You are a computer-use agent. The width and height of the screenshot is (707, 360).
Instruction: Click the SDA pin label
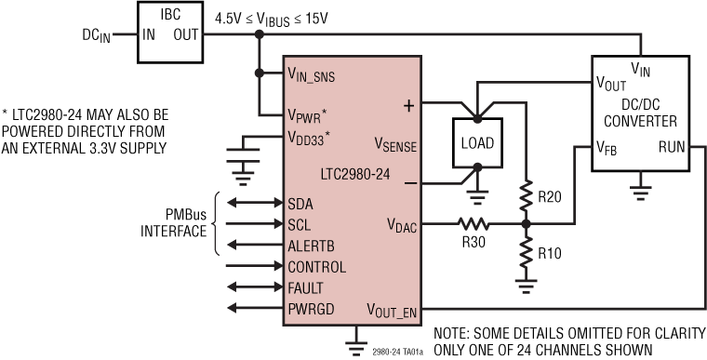(x=301, y=204)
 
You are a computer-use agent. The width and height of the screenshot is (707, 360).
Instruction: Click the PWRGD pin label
(x=312, y=308)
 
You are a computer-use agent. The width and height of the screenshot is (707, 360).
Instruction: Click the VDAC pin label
(x=403, y=224)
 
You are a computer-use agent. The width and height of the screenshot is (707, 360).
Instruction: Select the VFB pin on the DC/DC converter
(x=608, y=146)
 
